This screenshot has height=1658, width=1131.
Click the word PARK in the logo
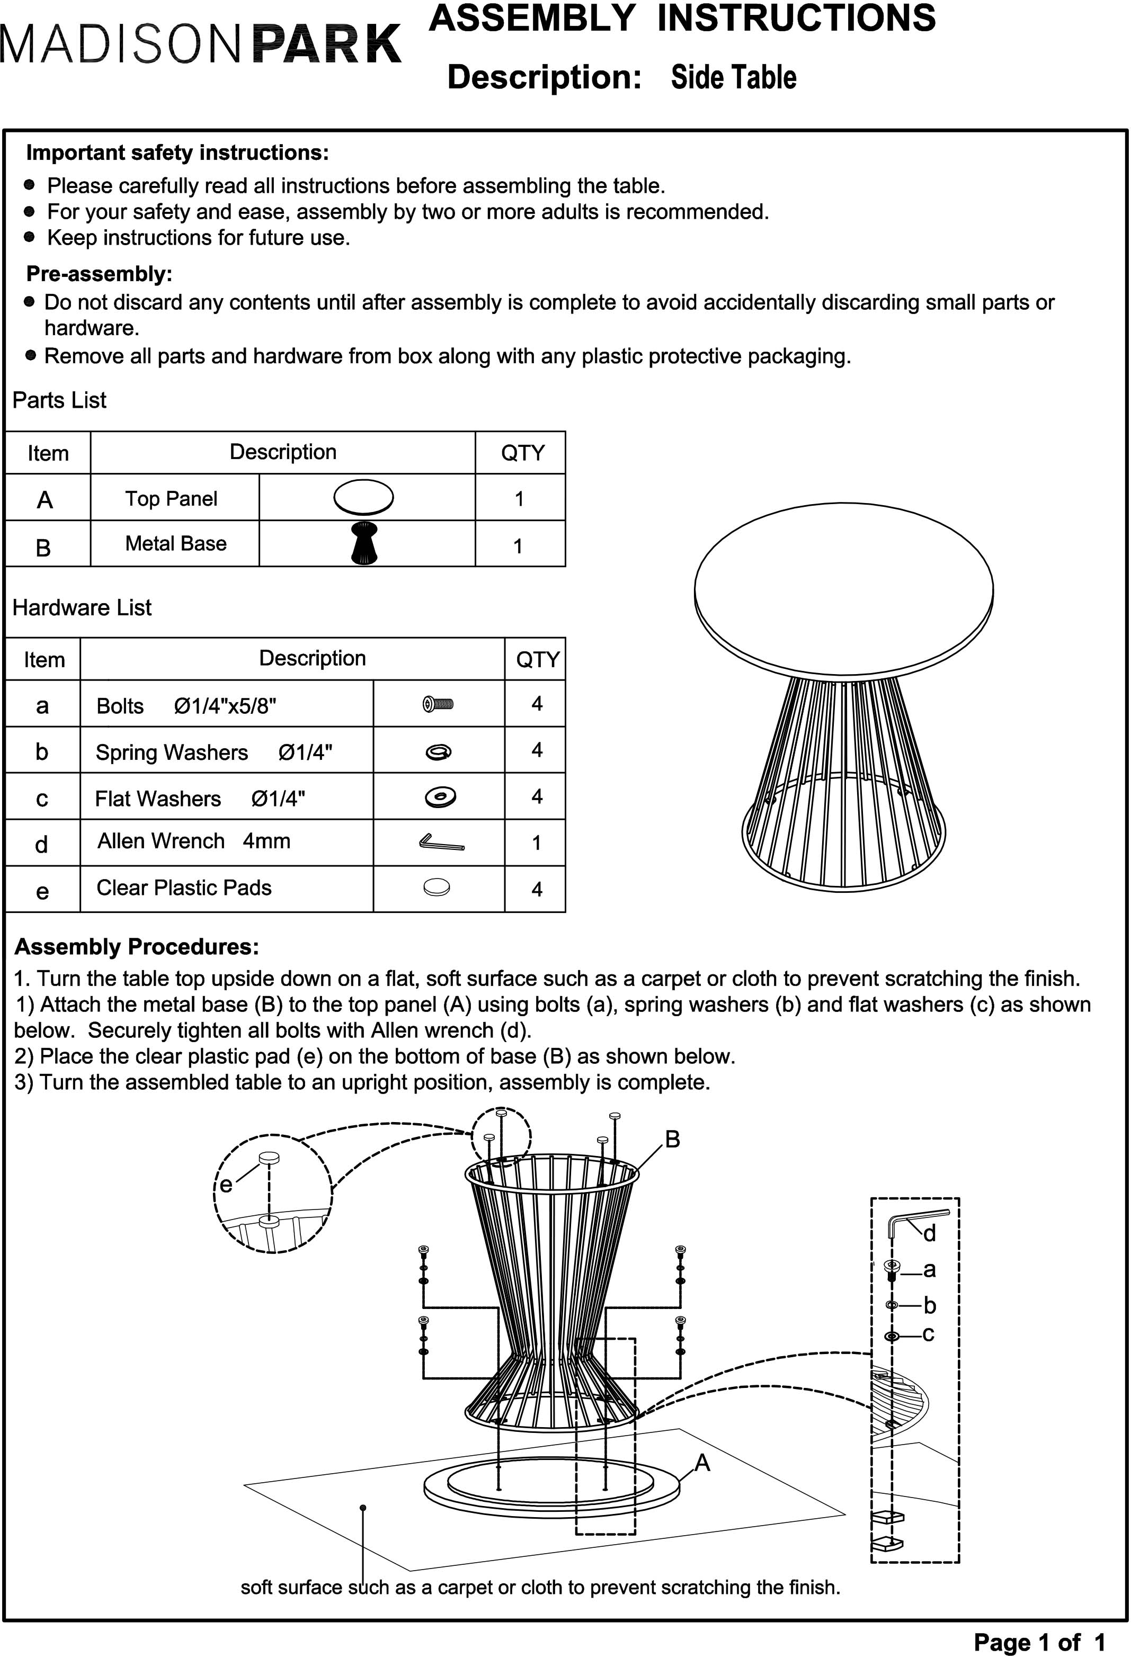327,44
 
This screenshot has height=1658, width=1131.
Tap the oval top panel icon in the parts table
363,497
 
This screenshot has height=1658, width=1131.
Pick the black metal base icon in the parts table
364,543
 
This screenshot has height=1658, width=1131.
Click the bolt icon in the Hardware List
438,704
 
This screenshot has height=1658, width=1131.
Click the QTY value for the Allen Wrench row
536,843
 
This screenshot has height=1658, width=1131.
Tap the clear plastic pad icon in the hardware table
437,888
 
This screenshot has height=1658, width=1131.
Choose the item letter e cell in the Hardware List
42,890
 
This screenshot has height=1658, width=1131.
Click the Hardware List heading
82,608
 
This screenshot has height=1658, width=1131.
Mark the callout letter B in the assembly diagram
672,1140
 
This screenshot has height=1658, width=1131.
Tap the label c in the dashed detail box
928,1333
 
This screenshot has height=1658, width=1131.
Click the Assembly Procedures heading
136,947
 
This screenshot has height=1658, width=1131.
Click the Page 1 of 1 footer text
1039,1642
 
